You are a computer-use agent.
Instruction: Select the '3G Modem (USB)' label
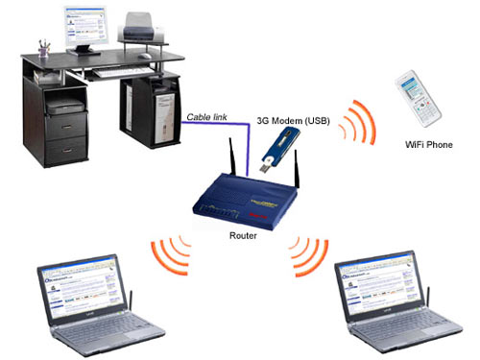click(295, 121)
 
